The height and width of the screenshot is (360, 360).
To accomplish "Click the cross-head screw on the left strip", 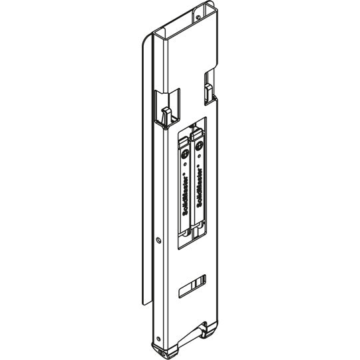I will coord(185,154).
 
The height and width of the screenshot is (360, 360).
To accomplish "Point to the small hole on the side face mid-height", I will coord(158,240).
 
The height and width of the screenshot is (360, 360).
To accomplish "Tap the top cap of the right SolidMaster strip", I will coord(197,135).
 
